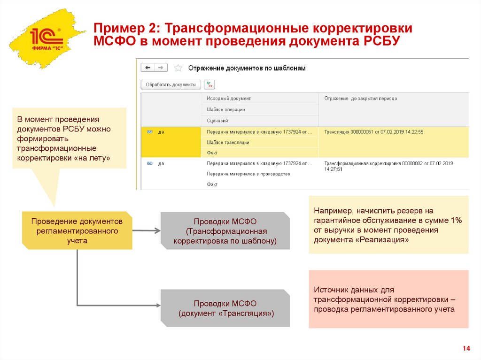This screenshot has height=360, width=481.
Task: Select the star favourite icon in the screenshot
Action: (x=178, y=68)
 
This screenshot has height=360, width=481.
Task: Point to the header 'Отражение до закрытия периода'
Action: (x=360, y=99)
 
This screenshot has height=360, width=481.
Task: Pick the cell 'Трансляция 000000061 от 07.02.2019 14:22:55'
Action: (x=374, y=132)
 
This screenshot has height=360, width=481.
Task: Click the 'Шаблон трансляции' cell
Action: (x=228, y=142)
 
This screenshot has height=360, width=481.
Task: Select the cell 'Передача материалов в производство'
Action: (x=248, y=174)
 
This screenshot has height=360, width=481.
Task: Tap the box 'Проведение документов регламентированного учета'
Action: (x=77, y=230)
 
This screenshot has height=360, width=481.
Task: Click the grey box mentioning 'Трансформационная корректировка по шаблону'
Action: (x=225, y=231)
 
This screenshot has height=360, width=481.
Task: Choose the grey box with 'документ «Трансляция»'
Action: (x=225, y=308)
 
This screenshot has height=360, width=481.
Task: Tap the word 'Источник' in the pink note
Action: (x=331, y=290)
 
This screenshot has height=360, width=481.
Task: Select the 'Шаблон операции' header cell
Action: (x=226, y=109)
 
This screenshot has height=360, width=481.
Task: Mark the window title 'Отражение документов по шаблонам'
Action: (x=247, y=68)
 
